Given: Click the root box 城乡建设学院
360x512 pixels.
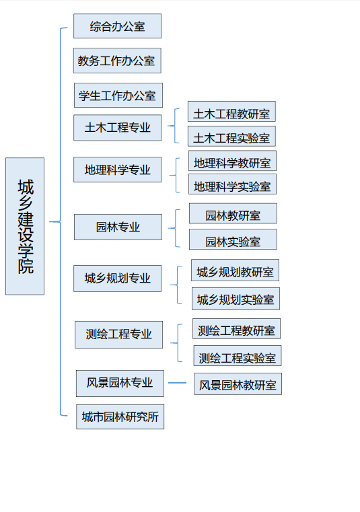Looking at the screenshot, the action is (25, 226).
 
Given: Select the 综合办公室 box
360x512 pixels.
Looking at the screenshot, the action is (117, 26).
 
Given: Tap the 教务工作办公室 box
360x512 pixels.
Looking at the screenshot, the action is (117, 61).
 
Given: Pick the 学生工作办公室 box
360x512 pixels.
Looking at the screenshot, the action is (118, 96).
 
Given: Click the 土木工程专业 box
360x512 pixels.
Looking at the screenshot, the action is (117, 128).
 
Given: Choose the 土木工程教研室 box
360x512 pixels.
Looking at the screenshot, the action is (231, 112).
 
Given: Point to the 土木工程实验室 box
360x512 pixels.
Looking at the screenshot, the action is (231, 136).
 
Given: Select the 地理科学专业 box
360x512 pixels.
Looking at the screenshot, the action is (117, 170).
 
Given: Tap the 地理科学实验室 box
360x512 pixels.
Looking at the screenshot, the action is (232, 184).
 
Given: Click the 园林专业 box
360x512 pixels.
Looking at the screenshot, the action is (118, 227).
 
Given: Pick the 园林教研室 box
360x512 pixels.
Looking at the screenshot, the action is (233, 213).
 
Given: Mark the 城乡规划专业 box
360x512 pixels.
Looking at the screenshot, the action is (117, 279).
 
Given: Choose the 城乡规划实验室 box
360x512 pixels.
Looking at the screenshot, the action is (236, 299).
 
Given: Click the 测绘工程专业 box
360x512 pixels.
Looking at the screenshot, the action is (118, 334).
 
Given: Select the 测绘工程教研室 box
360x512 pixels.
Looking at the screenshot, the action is (236, 329).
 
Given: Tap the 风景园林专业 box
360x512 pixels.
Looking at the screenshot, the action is (120, 383).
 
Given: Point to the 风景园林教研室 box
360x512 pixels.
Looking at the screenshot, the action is (238, 384).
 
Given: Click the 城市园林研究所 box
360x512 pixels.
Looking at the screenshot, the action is (120, 416).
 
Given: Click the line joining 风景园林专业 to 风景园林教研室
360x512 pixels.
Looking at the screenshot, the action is (178, 383).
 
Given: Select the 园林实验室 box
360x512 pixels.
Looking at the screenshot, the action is (233, 240).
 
